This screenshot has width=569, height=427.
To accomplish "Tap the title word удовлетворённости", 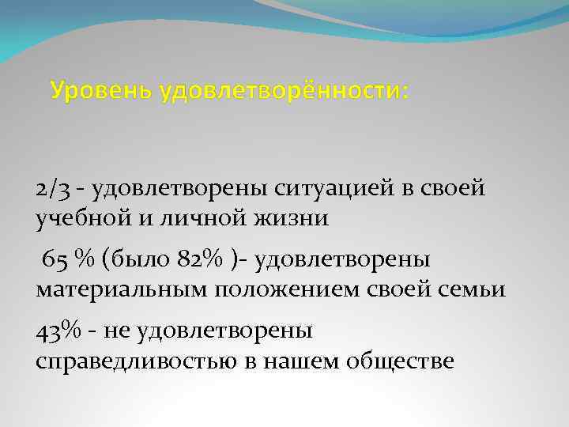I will (x=284, y=92).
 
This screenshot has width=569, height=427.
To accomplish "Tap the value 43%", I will (x=58, y=330).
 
